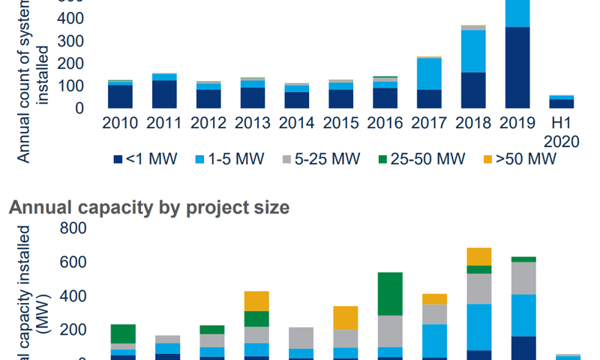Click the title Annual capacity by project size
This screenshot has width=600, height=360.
click(148, 208)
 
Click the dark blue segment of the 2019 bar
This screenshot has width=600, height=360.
click(517, 67)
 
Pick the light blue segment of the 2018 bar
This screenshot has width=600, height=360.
click(473, 51)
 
